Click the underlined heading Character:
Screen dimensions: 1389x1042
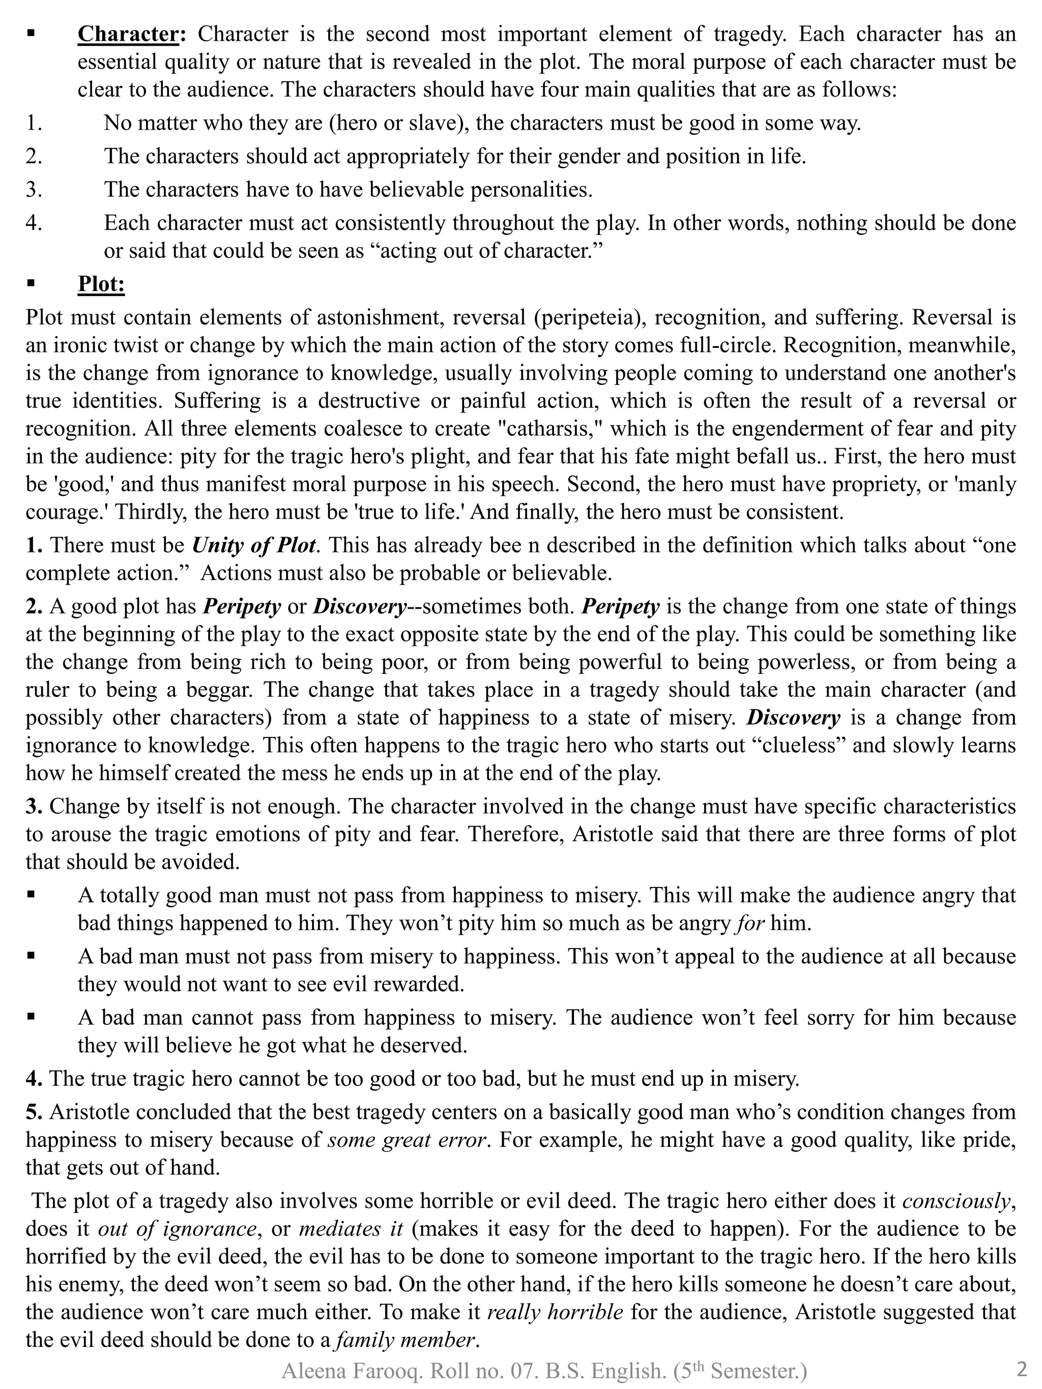(131, 34)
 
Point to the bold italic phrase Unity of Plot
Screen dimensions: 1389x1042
(253, 545)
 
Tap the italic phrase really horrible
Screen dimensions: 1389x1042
(555, 1312)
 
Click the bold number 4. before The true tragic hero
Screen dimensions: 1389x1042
(34, 1079)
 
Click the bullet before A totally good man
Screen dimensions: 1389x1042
(30, 895)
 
